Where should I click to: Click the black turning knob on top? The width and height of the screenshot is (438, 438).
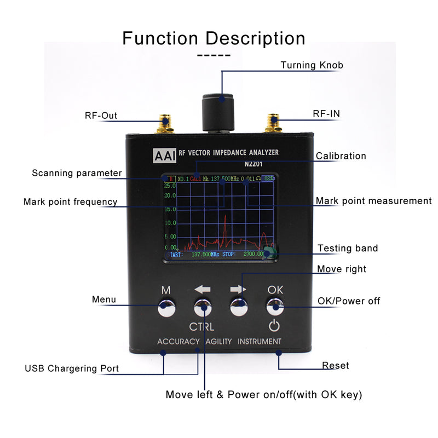click(218, 112)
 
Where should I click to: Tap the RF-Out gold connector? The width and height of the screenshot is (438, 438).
click(164, 123)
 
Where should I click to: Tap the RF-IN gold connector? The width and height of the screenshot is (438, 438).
click(272, 123)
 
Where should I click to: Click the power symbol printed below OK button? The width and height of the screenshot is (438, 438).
click(274, 327)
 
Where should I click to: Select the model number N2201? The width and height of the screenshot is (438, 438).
click(254, 163)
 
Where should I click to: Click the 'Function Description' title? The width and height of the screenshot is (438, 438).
click(214, 38)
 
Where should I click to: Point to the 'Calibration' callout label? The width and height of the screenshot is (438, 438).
click(341, 156)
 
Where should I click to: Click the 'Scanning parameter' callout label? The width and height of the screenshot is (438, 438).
click(77, 173)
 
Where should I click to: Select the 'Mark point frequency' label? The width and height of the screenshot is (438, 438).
click(70, 201)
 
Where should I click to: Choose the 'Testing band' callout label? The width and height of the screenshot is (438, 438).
click(348, 249)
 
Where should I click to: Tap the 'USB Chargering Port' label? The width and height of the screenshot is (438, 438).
click(72, 368)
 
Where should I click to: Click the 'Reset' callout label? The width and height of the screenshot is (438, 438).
click(335, 365)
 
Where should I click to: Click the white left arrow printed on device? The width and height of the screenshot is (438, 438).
click(202, 289)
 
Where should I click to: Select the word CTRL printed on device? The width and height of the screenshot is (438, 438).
click(201, 327)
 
